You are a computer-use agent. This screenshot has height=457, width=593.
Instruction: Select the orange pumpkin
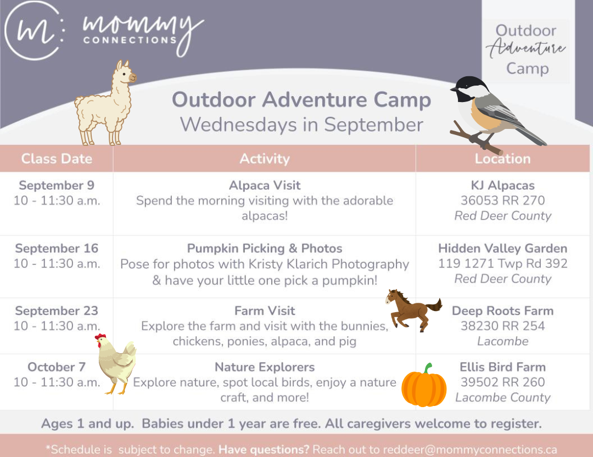pyautogui.click(x=424, y=386)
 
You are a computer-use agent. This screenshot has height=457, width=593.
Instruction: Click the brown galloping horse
pyautogui.click(x=413, y=310)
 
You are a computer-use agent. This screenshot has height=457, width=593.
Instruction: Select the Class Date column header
pyautogui.click(x=57, y=159)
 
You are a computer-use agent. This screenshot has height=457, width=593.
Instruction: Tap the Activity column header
pyautogui.click(x=265, y=159)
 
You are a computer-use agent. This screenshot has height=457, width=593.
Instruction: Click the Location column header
pyautogui.click(x=502, y=159)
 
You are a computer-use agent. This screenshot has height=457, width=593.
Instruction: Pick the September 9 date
pyautogui.click(x=57, y=185)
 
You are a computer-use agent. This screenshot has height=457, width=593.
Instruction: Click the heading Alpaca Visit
pyautogui.click(x=265, y=185)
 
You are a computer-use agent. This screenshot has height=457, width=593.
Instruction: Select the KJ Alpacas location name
pyautogui.click(x=502, y=185)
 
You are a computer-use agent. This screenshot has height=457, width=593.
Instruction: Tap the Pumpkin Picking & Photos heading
pyautogui.click(x=265, y=249)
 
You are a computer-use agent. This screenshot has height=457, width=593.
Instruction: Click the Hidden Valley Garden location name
pyautogui.click(x=502, y=249)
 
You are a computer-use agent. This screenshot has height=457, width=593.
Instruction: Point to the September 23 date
pyautogui.click(x=57, y=311)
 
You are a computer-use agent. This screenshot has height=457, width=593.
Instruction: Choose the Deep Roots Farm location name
pyautogui.click(x=502, y=311)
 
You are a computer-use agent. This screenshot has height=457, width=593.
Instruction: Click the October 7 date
pyautogui.click(x=57, y=367)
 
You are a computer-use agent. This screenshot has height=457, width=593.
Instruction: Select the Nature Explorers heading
pyautogui.click(x=265, y=367)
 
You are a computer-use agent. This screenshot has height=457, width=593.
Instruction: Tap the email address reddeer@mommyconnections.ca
pyautogui.click(x=470, y=449)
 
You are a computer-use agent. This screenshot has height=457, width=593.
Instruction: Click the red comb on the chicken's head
pyautogui.click(x=100, y=337)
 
